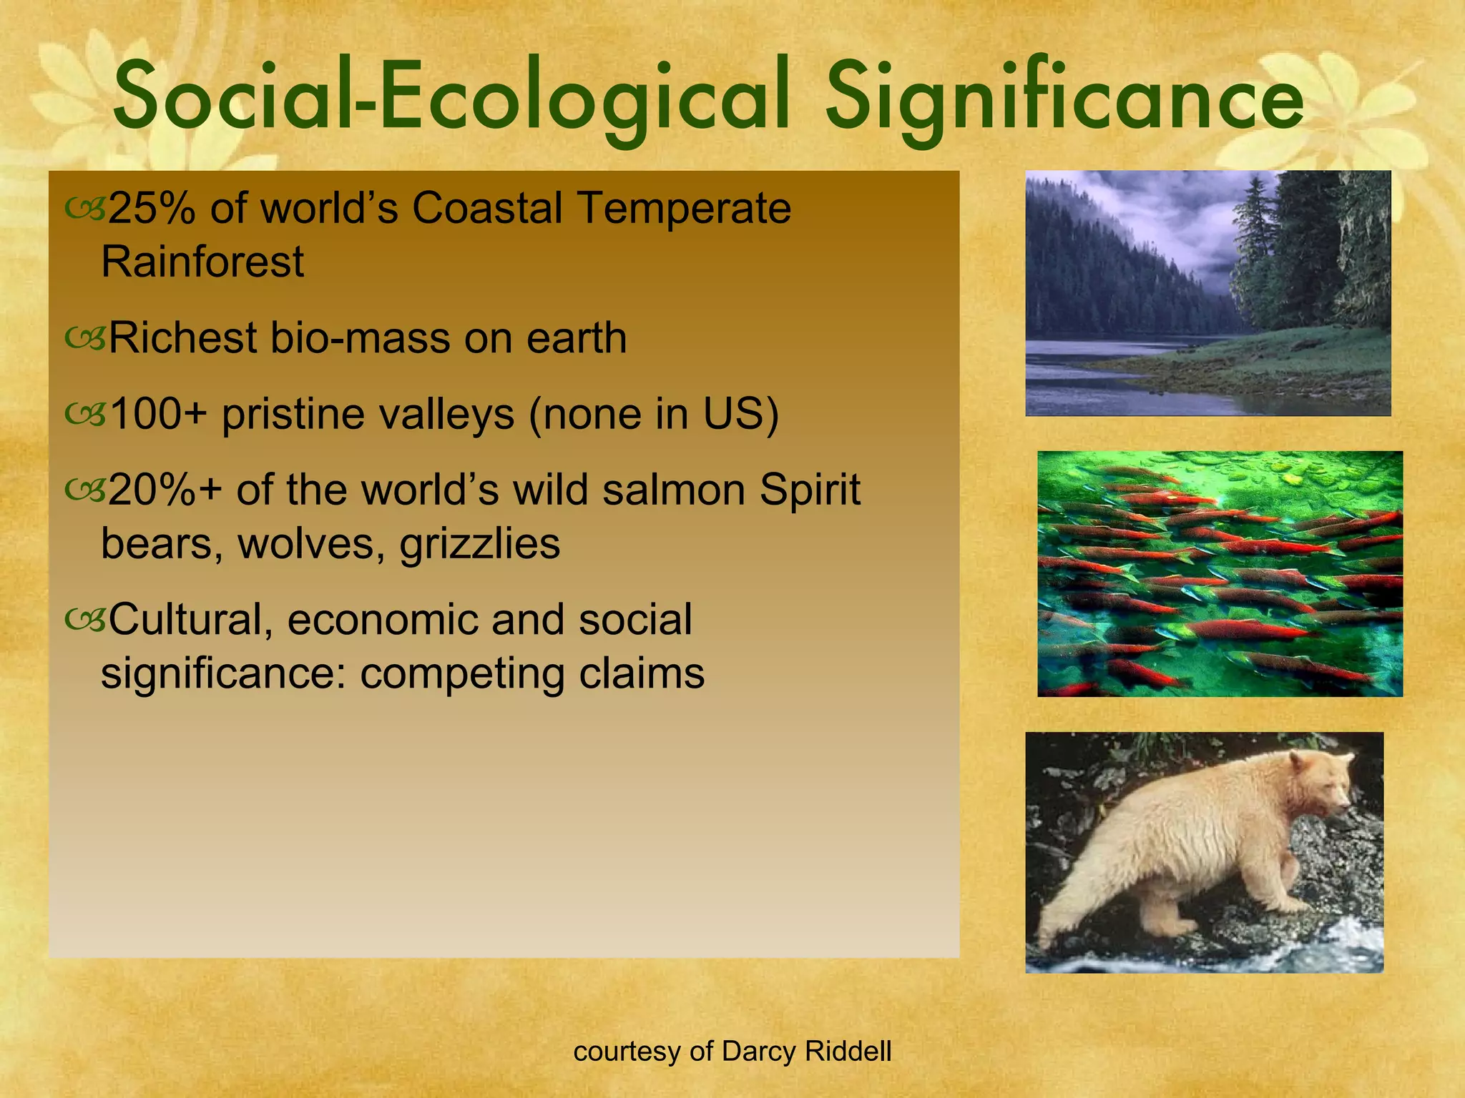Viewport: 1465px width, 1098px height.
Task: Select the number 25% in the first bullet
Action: pos(151,208)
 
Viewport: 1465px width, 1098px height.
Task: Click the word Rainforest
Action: pos(202,261)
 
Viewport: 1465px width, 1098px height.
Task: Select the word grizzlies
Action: pos(480,543)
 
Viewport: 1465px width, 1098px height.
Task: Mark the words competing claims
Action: pos(532,673)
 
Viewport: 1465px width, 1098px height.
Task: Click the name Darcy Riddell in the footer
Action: pos(807,1051)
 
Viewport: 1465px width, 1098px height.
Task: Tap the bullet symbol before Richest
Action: pos(85,337)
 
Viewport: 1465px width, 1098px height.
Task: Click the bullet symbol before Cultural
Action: pos(85,619)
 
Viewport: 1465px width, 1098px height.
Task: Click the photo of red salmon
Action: pos(1220,573)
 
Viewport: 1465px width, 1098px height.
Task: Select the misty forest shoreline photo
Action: pos(1207,293)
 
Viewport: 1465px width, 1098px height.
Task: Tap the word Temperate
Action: pos(684,208)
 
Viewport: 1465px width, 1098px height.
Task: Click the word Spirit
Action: pos(809,490)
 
